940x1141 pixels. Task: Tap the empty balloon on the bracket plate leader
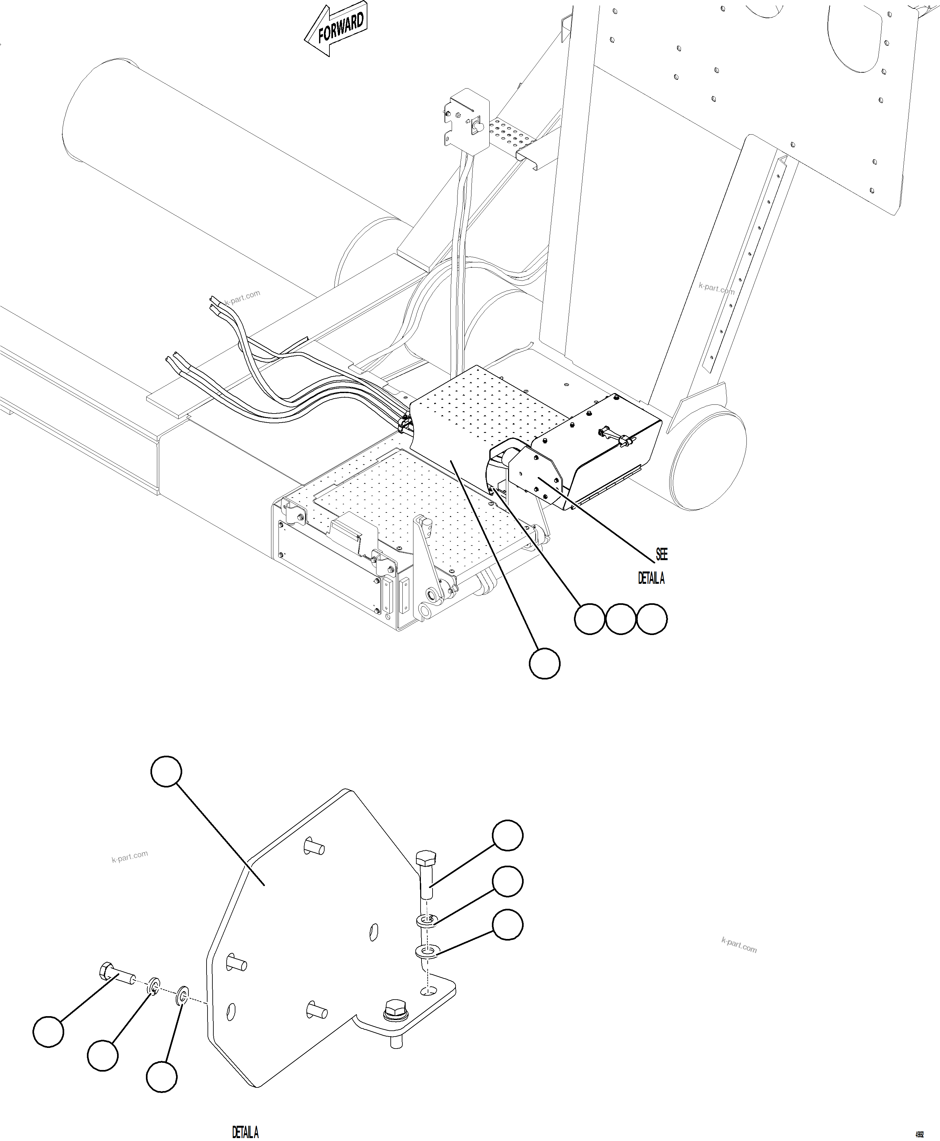[x=166, y=771]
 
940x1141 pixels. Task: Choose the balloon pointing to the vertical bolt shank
[x=507, y=835]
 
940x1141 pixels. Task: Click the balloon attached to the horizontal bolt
[x=48, y=1032]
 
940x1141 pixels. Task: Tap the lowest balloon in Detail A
[x=161, y=1076]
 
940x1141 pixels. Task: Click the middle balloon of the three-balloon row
[x=621, y=619]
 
